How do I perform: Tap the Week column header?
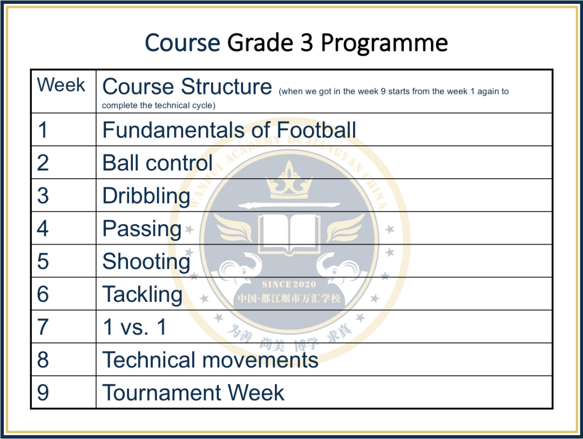[61, 84]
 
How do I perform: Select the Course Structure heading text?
[187, 86]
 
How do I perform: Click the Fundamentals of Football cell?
[229, 130]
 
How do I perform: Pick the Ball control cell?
[157, 163]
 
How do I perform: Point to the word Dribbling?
[146, 197]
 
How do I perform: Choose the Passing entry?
[141, 229]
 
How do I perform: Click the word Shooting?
[146, 262]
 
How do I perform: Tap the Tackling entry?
[143, 295]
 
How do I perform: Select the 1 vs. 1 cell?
[134, 327]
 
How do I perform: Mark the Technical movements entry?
[210, 360]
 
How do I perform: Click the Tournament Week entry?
[193, 393]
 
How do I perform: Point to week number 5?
[43, 261]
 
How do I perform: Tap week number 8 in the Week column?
[43, 360]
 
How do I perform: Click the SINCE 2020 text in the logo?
[289, 285]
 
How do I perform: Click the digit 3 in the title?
[307, 43]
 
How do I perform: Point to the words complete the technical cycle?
[159, 106]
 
